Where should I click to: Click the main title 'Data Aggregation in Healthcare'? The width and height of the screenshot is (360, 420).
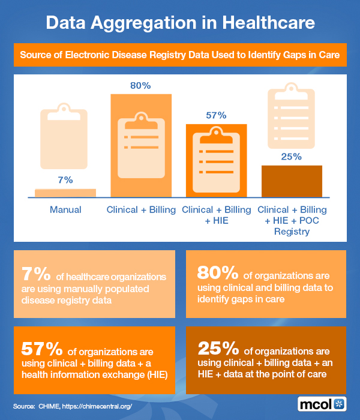[x=180, y=23]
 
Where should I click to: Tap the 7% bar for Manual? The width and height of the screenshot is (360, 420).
[x=65, y=193]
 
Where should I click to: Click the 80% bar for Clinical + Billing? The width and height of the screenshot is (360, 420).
[x=141, y=146]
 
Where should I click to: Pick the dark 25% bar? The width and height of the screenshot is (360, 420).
[x=292, y=181]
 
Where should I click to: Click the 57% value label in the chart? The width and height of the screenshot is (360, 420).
[x=216, y=115]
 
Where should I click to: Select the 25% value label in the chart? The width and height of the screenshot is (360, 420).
[x=292, y=157]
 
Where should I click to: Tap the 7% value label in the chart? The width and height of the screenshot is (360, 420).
[x=65, y=179]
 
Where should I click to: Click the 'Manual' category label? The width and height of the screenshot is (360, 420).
[x=65, y=210]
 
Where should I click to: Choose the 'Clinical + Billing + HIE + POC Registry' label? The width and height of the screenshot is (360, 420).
[x=292, y=220]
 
